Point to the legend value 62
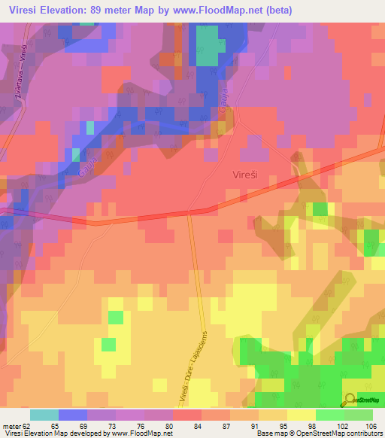pos(24,426)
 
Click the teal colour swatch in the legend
pos(44,415)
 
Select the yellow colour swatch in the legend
pos(302,415)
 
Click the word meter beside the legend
pos(10,426)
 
